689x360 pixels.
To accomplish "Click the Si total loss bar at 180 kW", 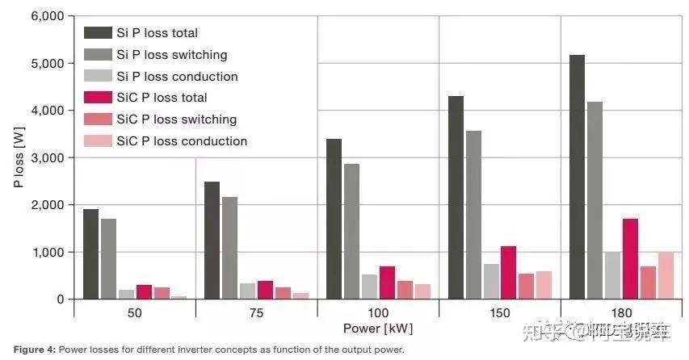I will (578, 177).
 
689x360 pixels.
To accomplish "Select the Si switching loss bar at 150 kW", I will (473, 215).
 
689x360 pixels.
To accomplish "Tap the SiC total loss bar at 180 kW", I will (630, 258).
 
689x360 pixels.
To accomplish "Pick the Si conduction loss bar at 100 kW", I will (368, 287).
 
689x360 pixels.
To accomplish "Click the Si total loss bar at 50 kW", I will (90, 254).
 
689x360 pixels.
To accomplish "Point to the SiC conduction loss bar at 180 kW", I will (666, 275).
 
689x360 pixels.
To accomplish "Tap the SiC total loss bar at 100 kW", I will (387, 283).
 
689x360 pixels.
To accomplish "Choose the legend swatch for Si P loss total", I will (98, 33).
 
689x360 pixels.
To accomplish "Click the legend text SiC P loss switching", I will (177, 119).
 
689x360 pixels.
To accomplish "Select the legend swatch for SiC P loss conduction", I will (98, 141).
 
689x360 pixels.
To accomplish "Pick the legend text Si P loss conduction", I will (177, 77).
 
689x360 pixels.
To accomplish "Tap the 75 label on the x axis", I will (256, 312).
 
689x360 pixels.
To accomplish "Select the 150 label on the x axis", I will (499, 312).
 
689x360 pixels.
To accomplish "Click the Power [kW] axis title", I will (377, 329).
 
